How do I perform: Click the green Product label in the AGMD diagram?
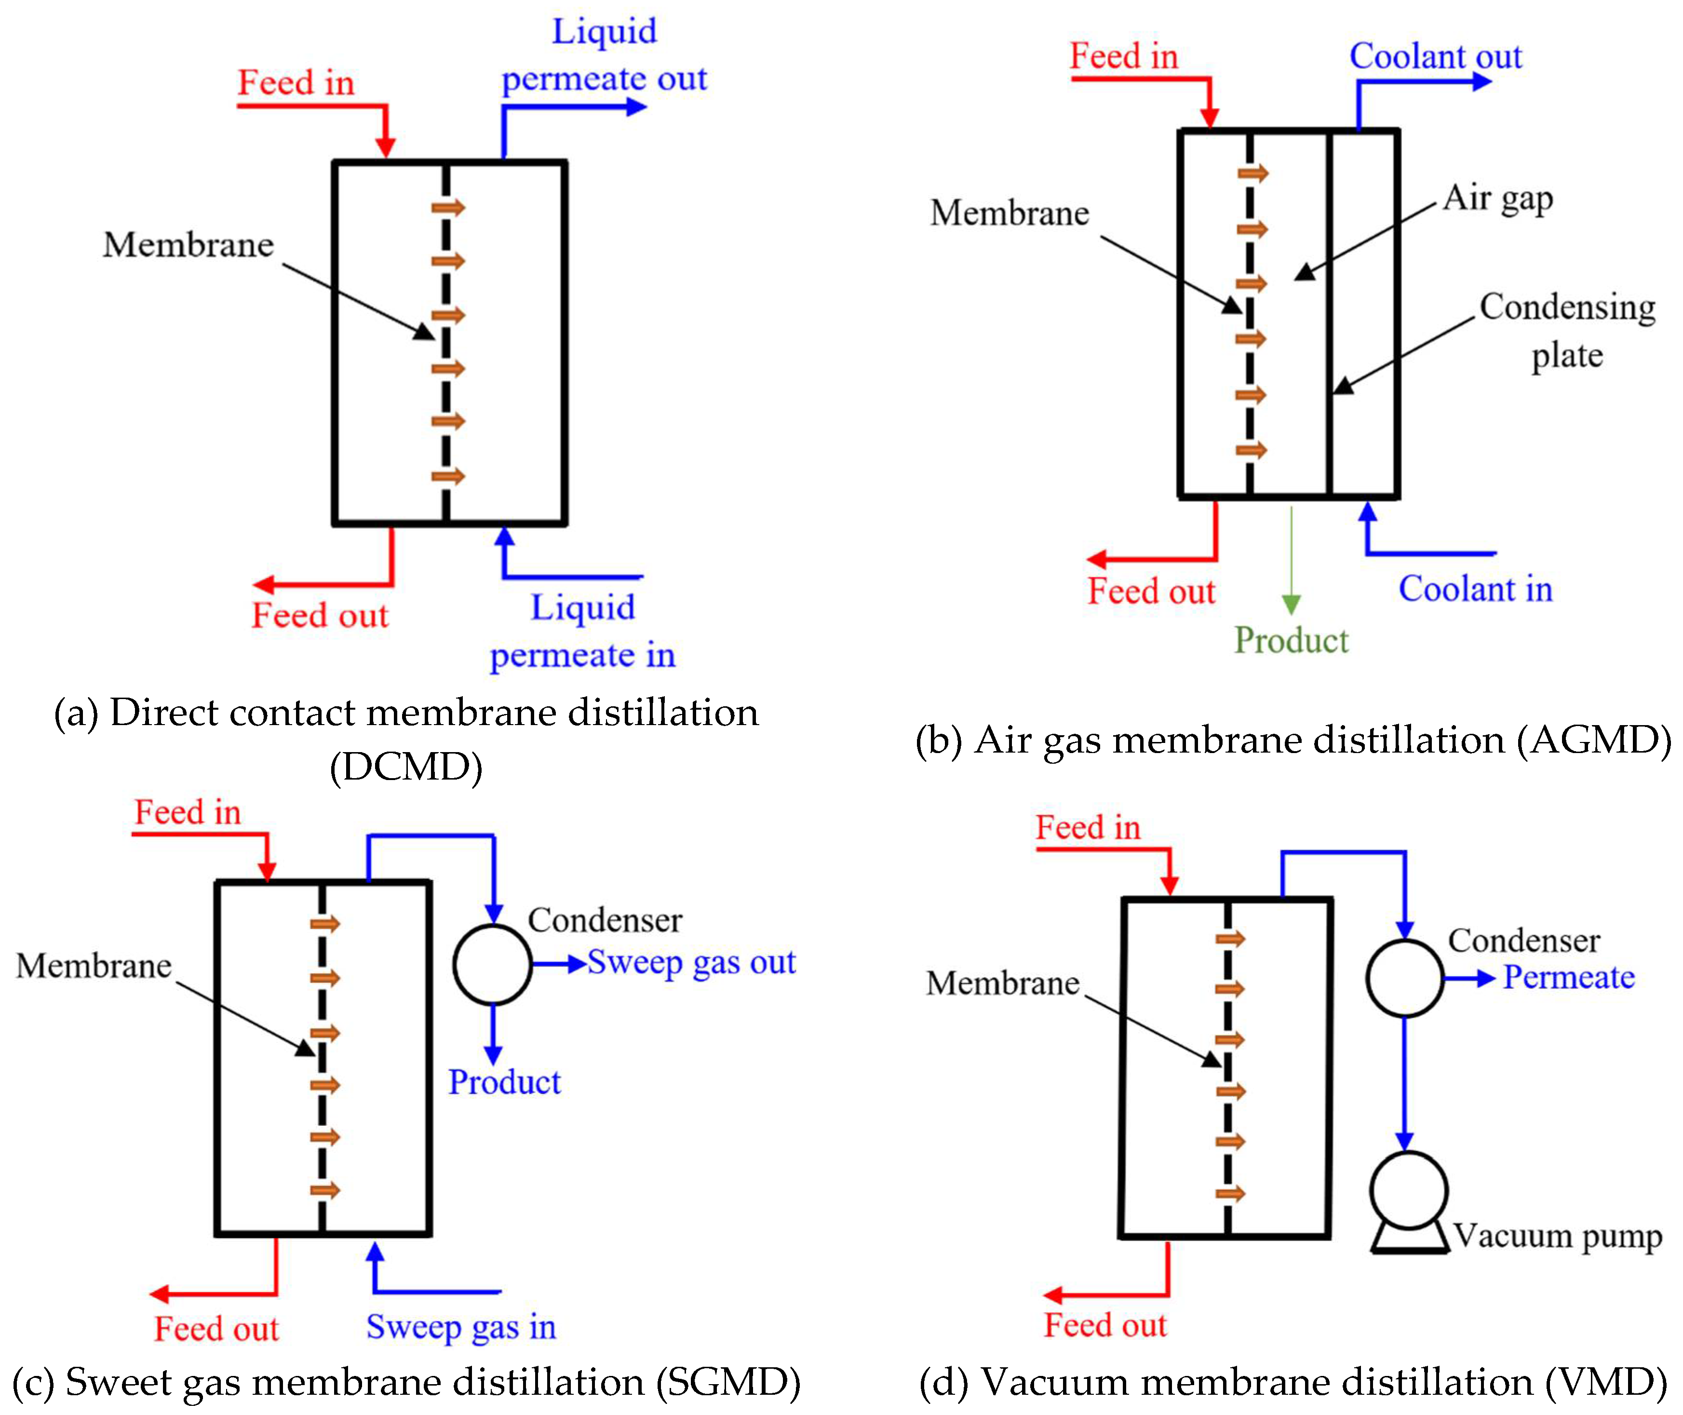1290,640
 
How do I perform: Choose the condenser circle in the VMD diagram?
1405,978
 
